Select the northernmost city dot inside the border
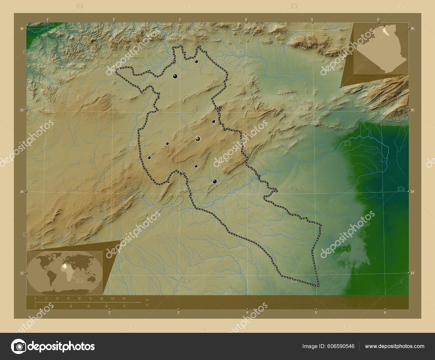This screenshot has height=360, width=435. (x=196, y=61)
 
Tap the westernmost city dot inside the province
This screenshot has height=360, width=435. (x=149, y=157)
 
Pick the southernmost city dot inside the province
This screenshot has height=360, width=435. (x=215, y=181)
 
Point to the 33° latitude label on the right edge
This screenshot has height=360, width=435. (x=412, y=273)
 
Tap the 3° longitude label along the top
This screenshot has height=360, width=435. (x=180, y=19)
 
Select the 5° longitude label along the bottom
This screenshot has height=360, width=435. (x=316, y=313)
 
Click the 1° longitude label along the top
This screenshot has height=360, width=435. (x=48, y=19)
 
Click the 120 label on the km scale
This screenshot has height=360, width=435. (x=123, y=298)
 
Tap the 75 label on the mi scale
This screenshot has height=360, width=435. (x=124, y=306)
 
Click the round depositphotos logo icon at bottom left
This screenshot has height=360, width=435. (x=18, y=346)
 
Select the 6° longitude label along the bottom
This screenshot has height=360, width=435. (x=385, y=313)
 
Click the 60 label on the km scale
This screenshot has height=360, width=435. (x=79, y=298)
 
